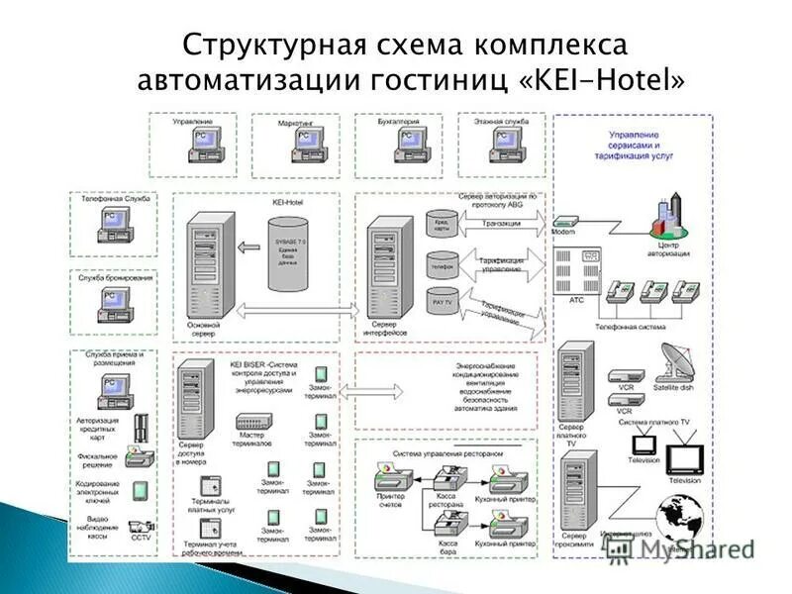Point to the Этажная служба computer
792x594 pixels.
505,145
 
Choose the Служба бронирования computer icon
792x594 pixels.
115,306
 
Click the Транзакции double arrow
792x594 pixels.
501,225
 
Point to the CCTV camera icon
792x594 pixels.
141,528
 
